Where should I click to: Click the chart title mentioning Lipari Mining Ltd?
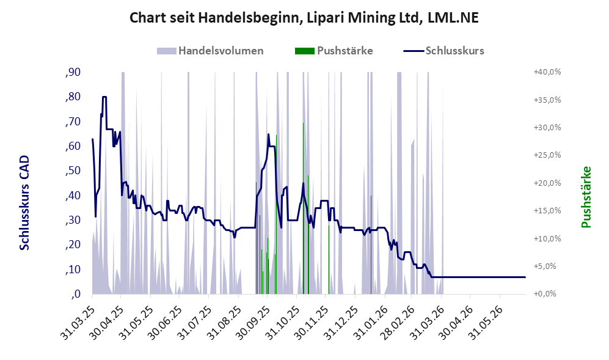pos(304,18)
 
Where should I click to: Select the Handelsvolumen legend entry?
pos(210,51)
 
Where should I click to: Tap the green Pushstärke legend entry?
pos(334,51)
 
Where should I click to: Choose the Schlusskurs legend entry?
pos(444,51)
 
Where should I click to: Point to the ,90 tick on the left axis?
pos(73,72)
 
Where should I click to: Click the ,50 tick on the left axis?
pos(73,171)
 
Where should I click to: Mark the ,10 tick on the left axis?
pos(73,270)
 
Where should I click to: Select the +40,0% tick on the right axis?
pos(548,72)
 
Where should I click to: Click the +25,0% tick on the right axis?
pos(548,155)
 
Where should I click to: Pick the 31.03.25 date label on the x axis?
pos(78,322)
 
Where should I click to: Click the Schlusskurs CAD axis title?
pos(24,202)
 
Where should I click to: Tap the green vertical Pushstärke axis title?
pos(586,197)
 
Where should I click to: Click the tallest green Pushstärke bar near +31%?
pos(304,208)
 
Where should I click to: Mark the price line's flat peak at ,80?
pos(104,97)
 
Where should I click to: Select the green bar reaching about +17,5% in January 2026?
pos(371,244)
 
